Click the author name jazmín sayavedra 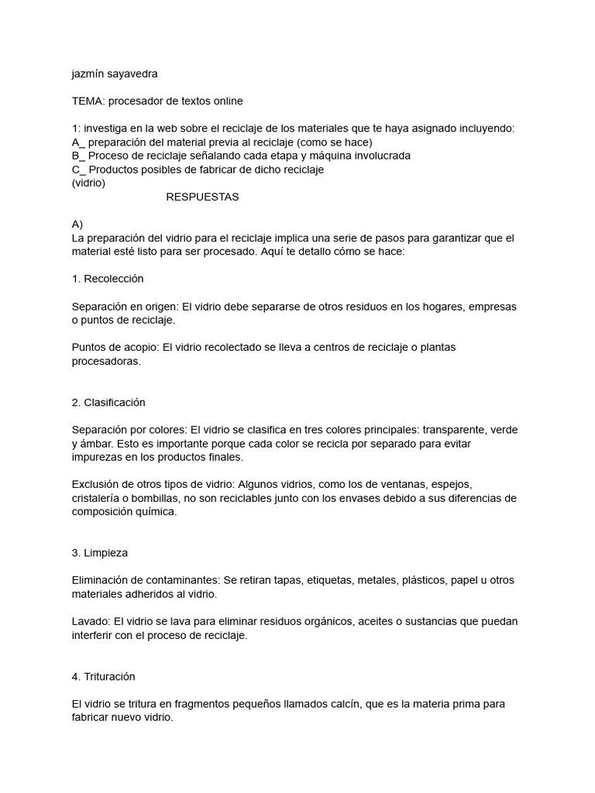[114, 74]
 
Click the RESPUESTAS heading [202, 197]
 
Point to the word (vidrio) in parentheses [88, 184]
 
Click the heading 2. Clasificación [108, 403]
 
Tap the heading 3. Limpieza [100, 554]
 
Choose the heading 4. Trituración [103, 677]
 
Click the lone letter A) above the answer [77, 225]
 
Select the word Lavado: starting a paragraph [91, 622]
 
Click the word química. [156, 511]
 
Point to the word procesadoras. [107, 361]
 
